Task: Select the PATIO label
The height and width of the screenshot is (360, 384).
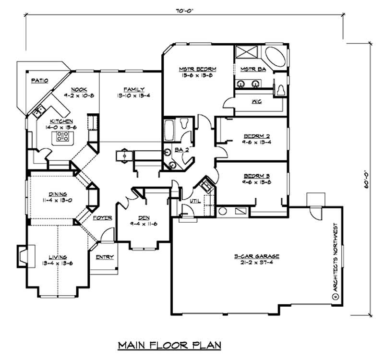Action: pos(39,81)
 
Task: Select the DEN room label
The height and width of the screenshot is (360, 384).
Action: pos(144,217)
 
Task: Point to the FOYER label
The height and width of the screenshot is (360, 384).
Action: pos(102,217)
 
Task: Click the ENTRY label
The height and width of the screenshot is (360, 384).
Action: pos(105,257)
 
